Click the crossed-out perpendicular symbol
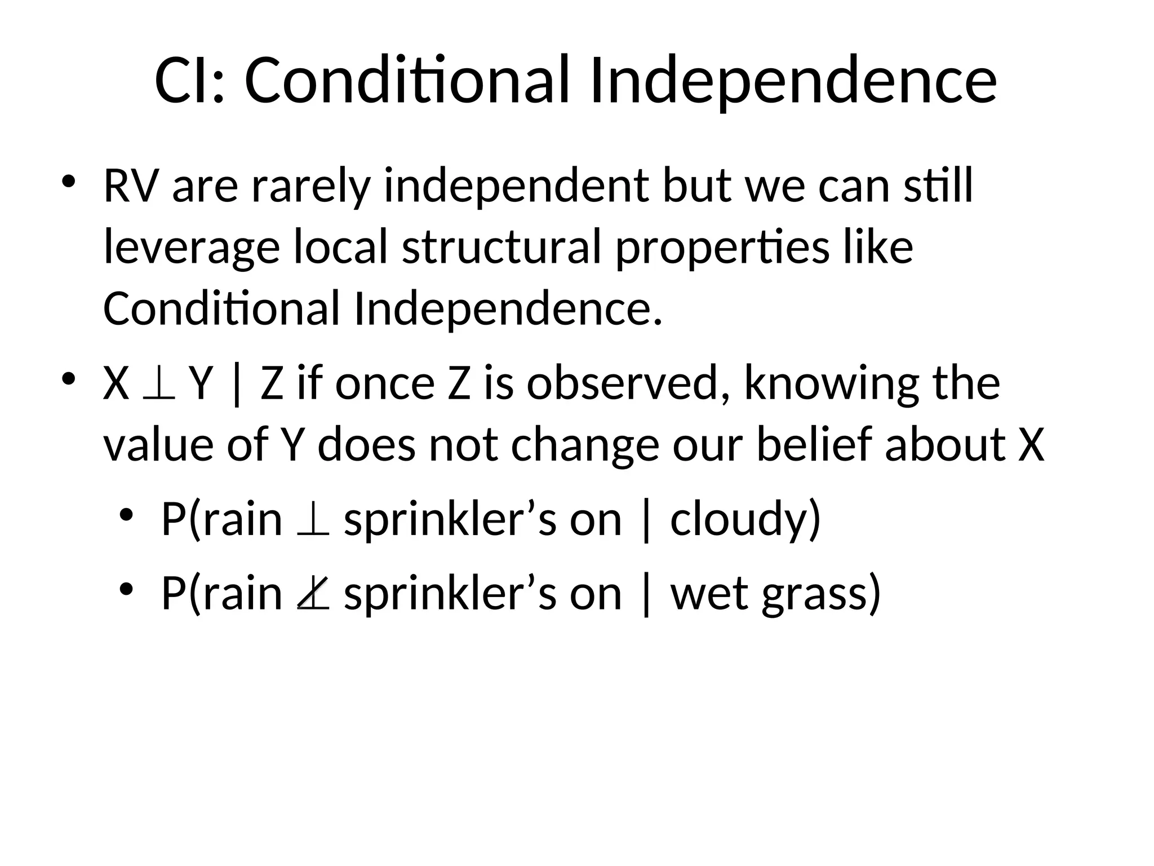click(313, 595)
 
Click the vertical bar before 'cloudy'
click(646, 520)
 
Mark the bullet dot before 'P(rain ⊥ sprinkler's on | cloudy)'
click(126, 515)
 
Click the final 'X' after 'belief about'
click(1031, 445)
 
